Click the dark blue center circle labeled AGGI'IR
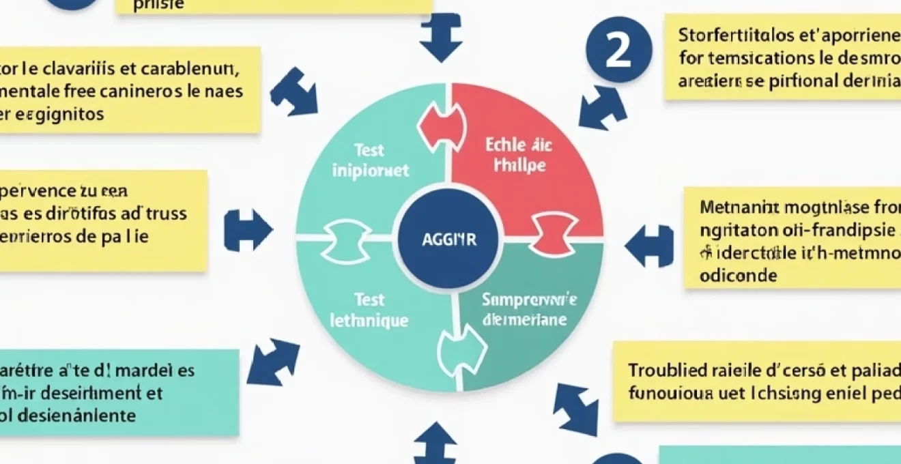(x=448, y=240)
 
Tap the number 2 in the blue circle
(x=618, y=50)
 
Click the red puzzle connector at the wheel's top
(x=442, y=127)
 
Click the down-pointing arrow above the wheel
(x=440, y=38)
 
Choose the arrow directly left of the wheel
(x=247, y=230)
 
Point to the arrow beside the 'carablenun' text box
(x=294, y=91)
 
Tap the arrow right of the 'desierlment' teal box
(x=272, y=361)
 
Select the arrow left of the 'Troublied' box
(x=575, y=408)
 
